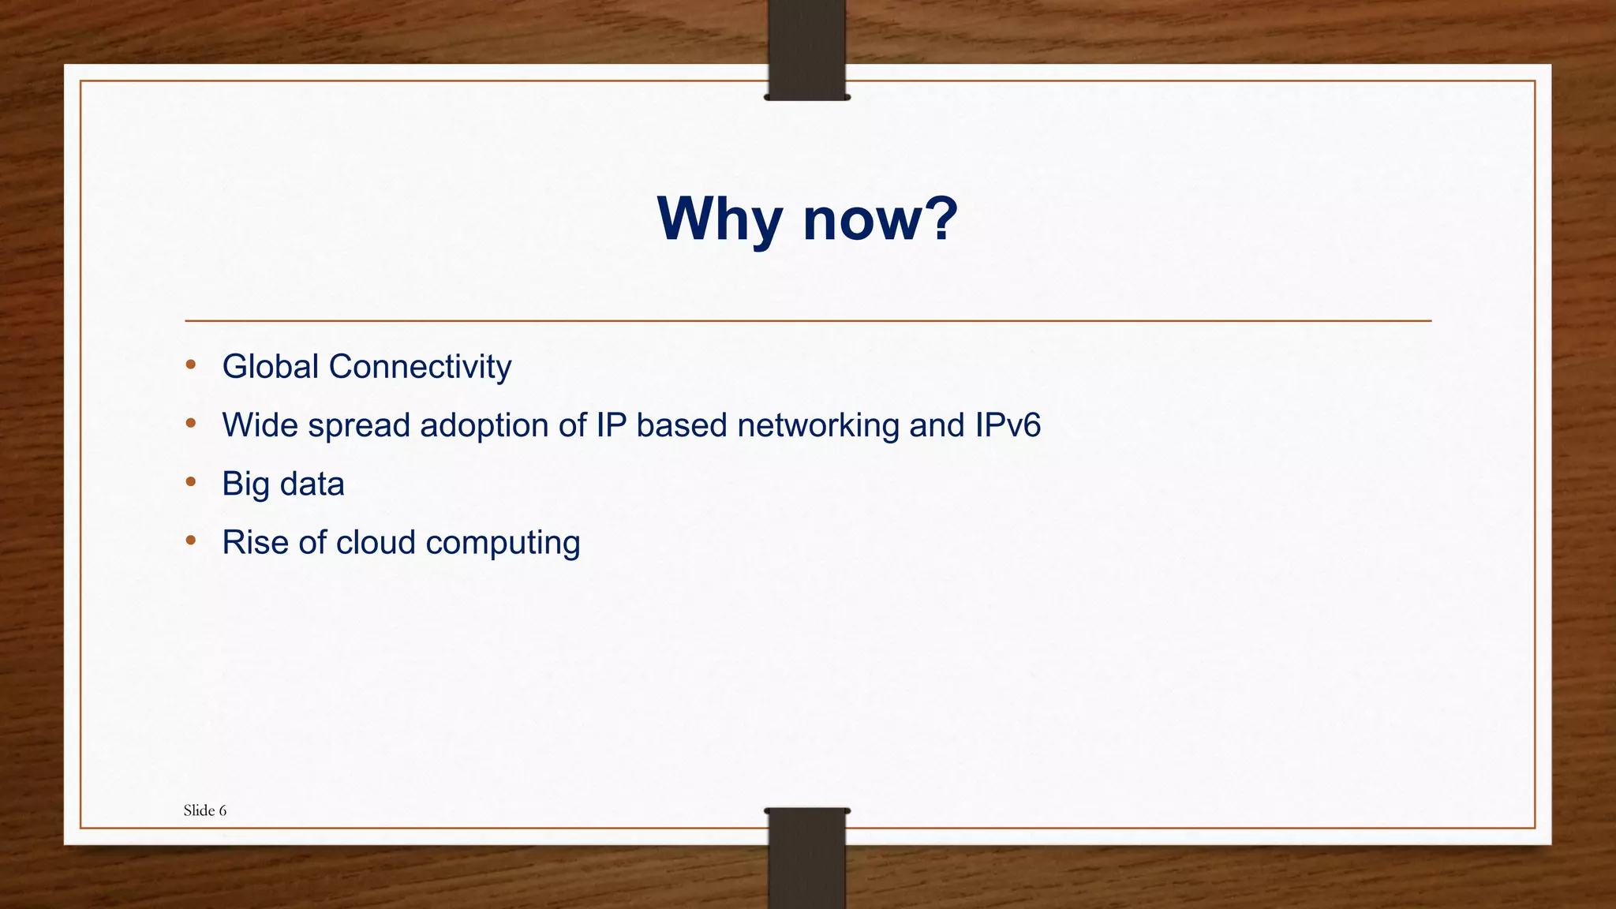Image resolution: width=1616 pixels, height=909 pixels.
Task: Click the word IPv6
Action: (1008, 425)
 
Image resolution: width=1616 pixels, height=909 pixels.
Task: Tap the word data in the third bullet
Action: (312, 484)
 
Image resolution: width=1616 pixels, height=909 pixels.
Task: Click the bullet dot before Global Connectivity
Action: (190, 365)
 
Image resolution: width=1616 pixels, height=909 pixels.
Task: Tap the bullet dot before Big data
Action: (190, 482)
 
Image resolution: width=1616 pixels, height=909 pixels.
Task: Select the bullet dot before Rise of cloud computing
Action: (190, 541)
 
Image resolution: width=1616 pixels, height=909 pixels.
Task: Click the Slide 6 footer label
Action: (205, 810)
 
